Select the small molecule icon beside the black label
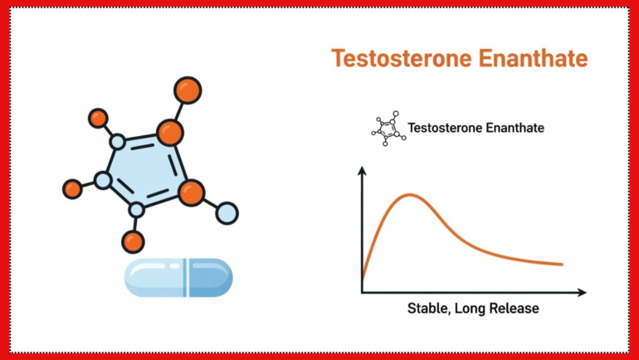click(x=388, y=128)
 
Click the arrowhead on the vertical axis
click(x=362, y=171)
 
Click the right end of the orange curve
click(x=562, y=265)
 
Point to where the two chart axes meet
click(x=362, y=293)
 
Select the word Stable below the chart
click(x=428, y=309)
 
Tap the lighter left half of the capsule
click(x=156, y=277)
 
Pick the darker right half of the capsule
click(x=211, y=277)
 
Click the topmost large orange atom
click(x=188, y=90)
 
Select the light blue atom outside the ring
click(x=227, y=213)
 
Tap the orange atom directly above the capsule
click(x=133, y=242)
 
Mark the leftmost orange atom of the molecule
click(x=73, y=189)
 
